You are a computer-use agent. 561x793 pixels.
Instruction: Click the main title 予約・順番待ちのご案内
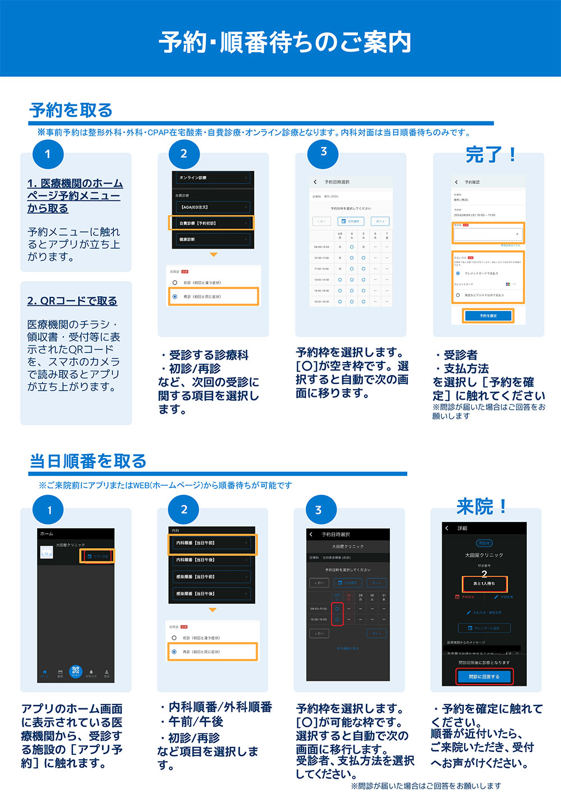click(x=285, y=43)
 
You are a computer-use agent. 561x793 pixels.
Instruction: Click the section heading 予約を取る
click(x=71, y=111)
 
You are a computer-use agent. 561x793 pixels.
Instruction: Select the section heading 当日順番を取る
click(x=88, y=461)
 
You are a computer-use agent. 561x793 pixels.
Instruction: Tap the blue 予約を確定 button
click(x=488, y=316)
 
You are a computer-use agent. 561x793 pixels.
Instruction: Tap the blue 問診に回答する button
click(x=484, y=677)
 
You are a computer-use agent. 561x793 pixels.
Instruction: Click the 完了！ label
click(x=490, y=154)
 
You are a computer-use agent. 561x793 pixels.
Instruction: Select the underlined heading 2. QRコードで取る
click(x=72, y=301)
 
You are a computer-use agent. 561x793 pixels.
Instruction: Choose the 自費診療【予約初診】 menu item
click(x=212, y=223)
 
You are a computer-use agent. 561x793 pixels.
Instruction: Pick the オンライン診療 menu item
click(x=212, y=178)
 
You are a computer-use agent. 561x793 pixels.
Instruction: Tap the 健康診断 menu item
click(x=212, y=240)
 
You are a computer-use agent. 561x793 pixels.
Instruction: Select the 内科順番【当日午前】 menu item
click(x=212, y=543)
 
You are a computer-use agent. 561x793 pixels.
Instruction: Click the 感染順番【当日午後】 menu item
click(x=212, y=594)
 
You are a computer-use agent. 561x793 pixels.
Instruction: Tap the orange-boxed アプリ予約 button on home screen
click(x=98, y=556)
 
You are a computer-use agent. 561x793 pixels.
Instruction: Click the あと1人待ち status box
click(x=484, y=584)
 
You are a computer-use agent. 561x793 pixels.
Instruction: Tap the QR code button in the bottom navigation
click(x=76, y=671)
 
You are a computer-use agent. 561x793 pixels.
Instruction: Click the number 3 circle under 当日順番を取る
click(x=319, y=510)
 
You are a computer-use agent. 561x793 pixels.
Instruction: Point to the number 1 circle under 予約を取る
click(x=48, y=154)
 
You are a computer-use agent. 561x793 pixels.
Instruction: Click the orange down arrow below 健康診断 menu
click(x=213, y=255)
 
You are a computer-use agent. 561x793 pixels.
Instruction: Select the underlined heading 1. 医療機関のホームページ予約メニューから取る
click(x=75, y=196)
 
